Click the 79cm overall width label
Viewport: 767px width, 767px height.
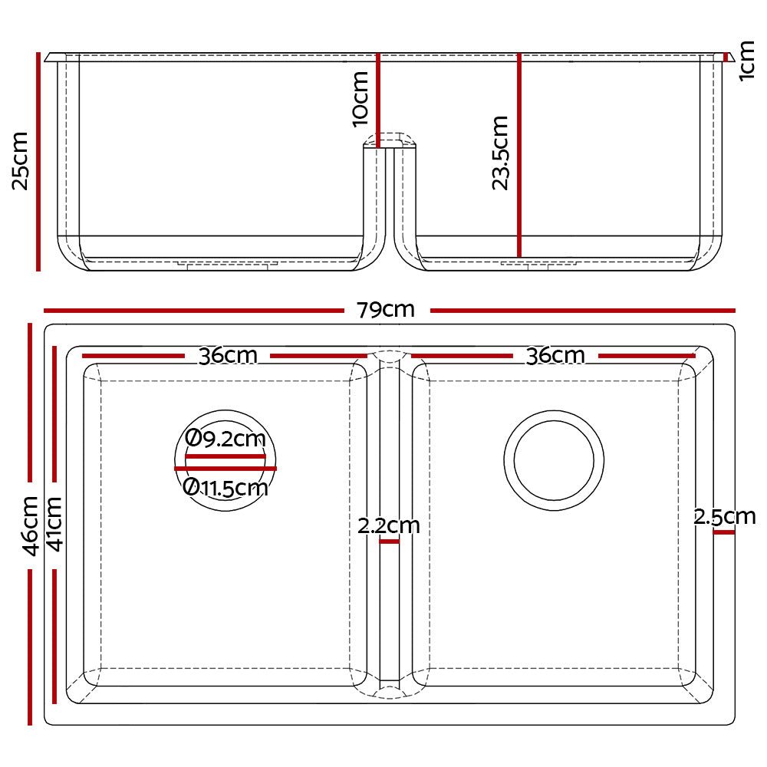coord(386,310)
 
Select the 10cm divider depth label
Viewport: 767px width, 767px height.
coord(359,98)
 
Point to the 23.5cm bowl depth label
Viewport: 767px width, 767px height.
coord(499,153)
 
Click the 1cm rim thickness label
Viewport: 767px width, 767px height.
coord(748,61)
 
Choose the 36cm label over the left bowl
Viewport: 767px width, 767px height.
coord(228,356)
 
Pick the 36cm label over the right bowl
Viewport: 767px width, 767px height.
coord(555,356)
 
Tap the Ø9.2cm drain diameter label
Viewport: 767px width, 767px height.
coord(226,439)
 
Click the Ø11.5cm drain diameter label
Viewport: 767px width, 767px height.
coord(226,487)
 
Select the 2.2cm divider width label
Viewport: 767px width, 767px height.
coord(389,526)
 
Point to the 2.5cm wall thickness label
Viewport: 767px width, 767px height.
coord(725,517)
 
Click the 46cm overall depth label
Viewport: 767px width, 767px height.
coord(30,525)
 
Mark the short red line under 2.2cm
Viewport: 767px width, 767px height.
coord(389,542)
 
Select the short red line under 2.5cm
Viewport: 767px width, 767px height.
coord(723,531)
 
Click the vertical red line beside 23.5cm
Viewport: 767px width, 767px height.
coord(519,153)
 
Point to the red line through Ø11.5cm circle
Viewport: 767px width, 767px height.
coord(225,468)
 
